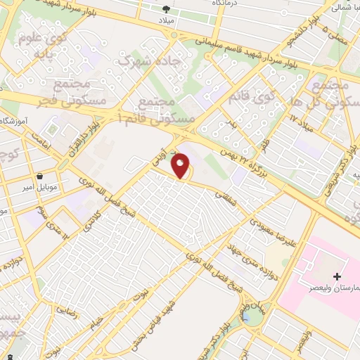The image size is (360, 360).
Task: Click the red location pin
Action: point(181,165)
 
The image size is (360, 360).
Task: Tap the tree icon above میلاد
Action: point(167,10)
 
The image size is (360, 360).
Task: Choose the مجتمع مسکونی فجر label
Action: point(79,96)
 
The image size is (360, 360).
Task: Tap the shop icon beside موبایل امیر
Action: point(41,175)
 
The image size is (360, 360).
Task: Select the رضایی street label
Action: point(66,309)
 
